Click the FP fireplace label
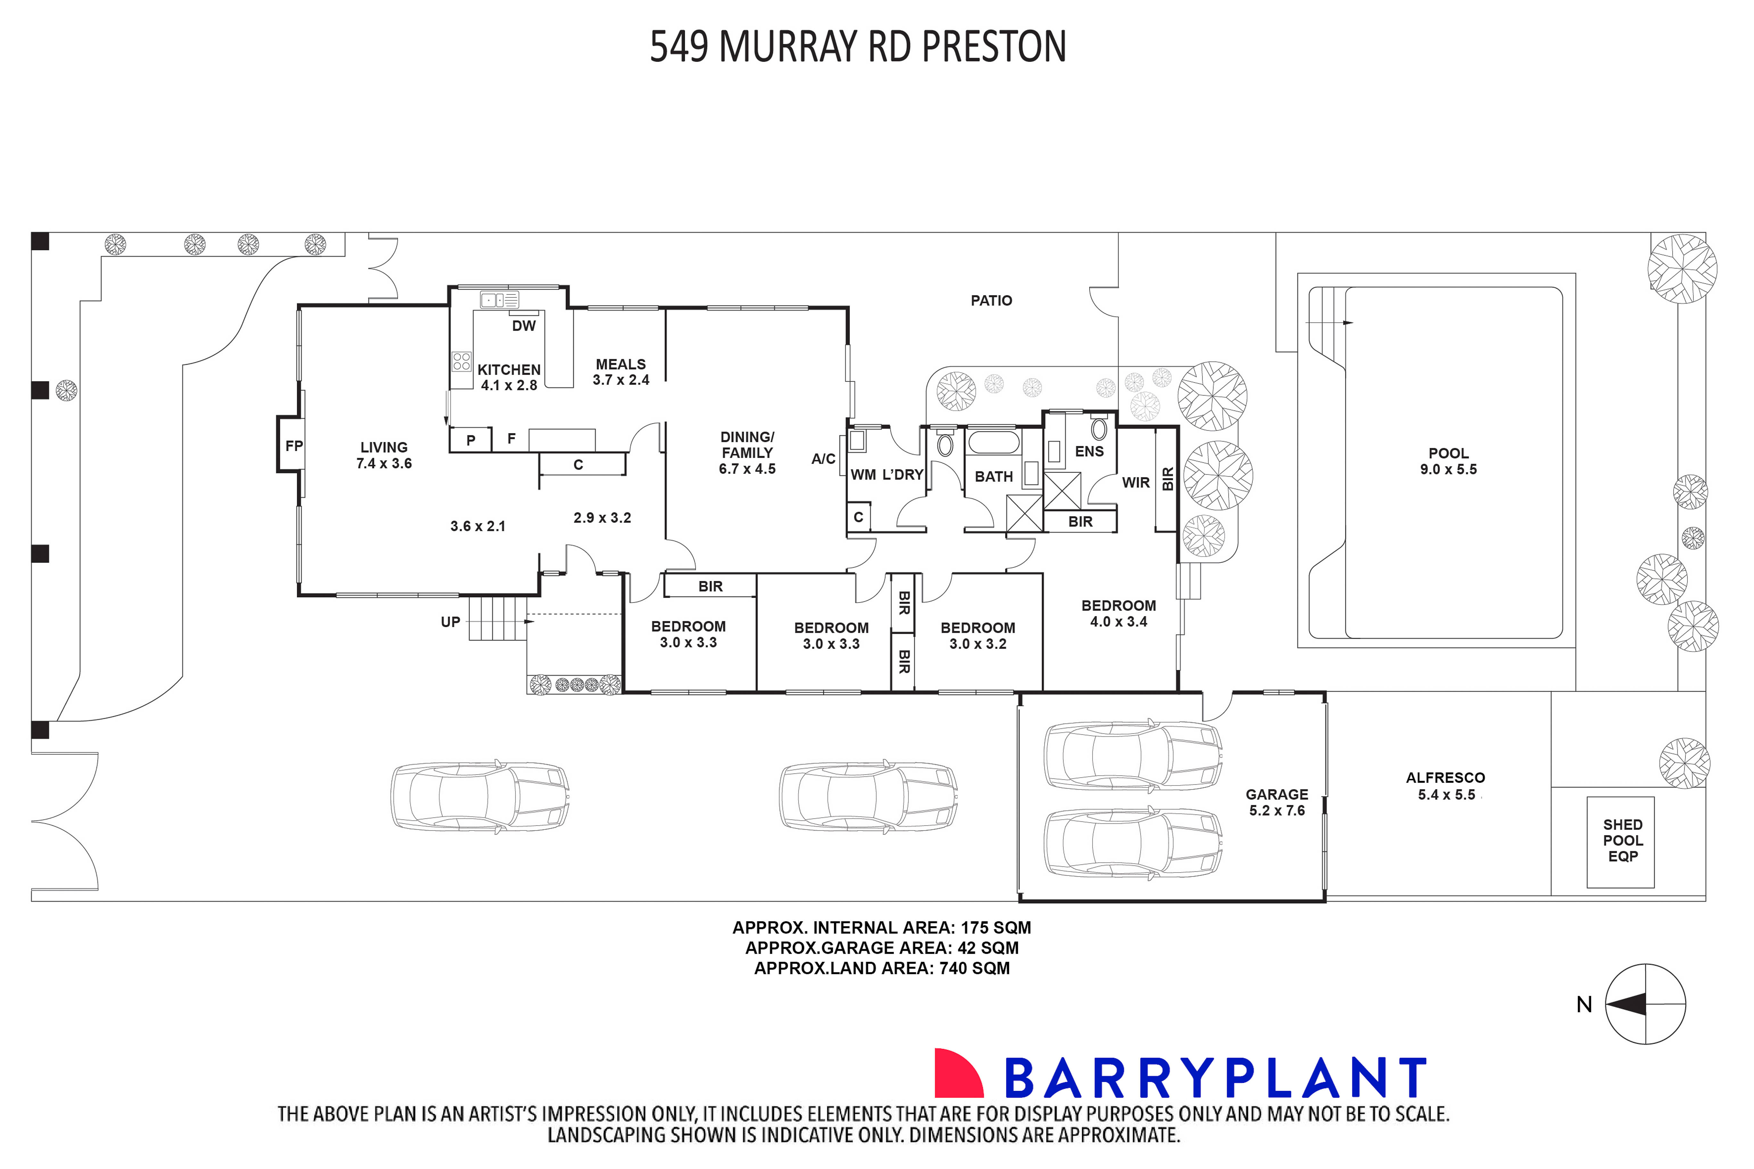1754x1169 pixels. tap(294, 446)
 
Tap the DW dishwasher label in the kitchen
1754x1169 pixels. tap(524, 326)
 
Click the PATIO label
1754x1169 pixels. tap(991, 301)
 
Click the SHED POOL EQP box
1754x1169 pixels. tap(1623, 841)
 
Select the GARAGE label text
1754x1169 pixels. tap(1277, 795)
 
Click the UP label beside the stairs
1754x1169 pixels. tap(450, 622)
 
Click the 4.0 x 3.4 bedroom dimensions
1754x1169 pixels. tap(1118, 622)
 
